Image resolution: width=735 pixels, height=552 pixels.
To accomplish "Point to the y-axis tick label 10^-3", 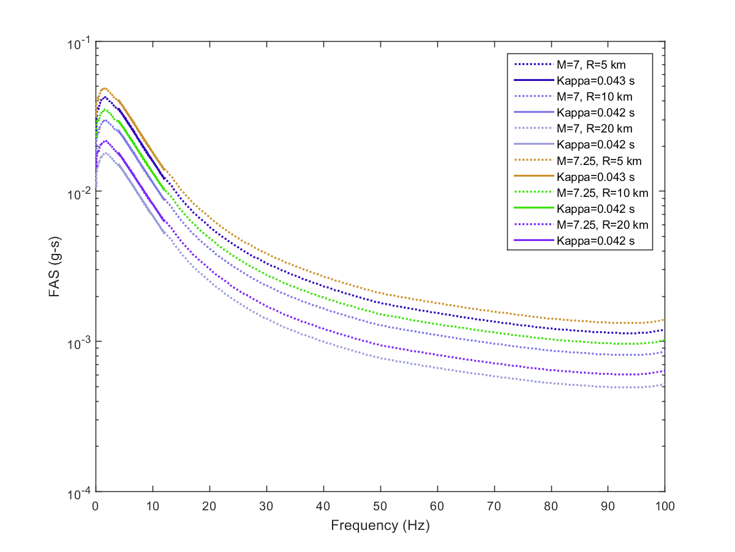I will click(79, 342).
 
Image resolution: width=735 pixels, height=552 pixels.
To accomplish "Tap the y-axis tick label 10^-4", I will click(79, 492).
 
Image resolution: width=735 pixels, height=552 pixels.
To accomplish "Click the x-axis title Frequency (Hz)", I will click(380, 526).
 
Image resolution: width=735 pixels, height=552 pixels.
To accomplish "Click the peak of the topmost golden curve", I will click(104, 88).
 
